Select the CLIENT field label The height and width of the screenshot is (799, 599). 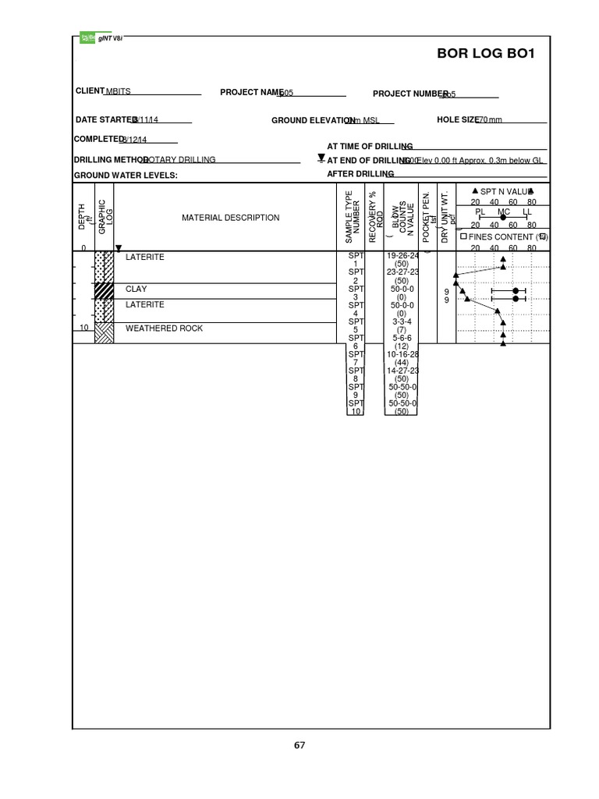[90, 91]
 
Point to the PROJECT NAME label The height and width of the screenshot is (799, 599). [250, 93]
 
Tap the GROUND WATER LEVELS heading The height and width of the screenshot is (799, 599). [126, 176]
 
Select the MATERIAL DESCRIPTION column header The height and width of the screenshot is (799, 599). [230, 218]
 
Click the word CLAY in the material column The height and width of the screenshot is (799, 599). [136, 289]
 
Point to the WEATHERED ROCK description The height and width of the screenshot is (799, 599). [164, 328]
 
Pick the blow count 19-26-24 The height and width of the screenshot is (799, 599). [402, 256]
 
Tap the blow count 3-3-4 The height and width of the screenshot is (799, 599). [402, 321]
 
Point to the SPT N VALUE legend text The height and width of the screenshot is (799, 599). [506, 191]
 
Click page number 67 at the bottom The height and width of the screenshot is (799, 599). [299, 745]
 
